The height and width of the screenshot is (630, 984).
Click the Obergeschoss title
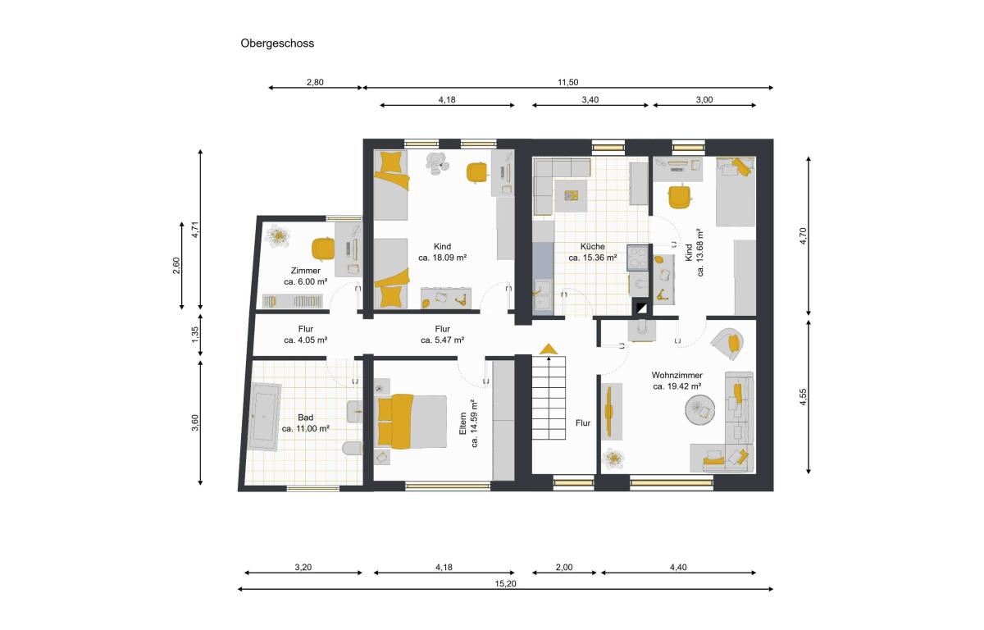[x=277, y=43]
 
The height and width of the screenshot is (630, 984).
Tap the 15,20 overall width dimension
[x=506, y=584]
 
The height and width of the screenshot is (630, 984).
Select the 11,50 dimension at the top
[x=568, y=82]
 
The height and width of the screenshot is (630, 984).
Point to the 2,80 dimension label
[x=315, y=82]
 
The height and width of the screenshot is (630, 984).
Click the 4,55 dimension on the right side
[x=803, y=397]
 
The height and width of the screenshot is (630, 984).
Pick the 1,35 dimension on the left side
[x=195, y=335]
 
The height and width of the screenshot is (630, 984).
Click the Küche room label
[x=593, y=246]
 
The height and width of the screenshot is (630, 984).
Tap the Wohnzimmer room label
[x=677, y=375]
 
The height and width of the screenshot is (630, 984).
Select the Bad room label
[x=305, y=418]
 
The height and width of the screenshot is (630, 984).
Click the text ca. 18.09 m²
[x=442, y=258]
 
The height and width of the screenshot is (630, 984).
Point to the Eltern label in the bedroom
[x=462, y=423]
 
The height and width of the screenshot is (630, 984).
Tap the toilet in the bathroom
[x=353, y=449]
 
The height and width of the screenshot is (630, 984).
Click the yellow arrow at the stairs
[x=549, y=349]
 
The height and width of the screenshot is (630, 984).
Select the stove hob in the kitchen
[x=638, y=257]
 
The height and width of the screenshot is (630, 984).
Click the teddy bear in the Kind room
[x=437, y=163]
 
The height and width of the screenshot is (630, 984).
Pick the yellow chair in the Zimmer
[x=323, y=249]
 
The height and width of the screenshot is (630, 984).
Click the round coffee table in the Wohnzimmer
[x=699, y=410]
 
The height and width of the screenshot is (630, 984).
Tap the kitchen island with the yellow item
[x=571, y=196]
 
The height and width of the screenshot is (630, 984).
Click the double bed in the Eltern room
[x=412, y=422]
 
